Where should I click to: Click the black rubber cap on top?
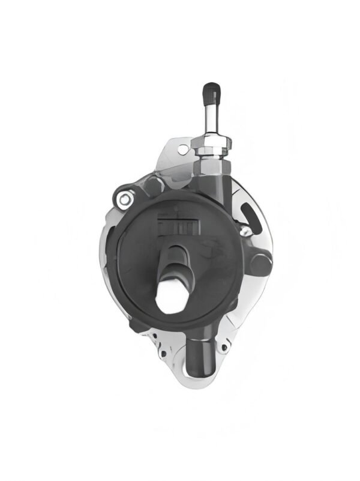(211, 92)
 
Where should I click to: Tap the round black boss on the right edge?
(260, 264)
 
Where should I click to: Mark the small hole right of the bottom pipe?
(224, 347)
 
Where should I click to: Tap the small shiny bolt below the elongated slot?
(244, 230)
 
